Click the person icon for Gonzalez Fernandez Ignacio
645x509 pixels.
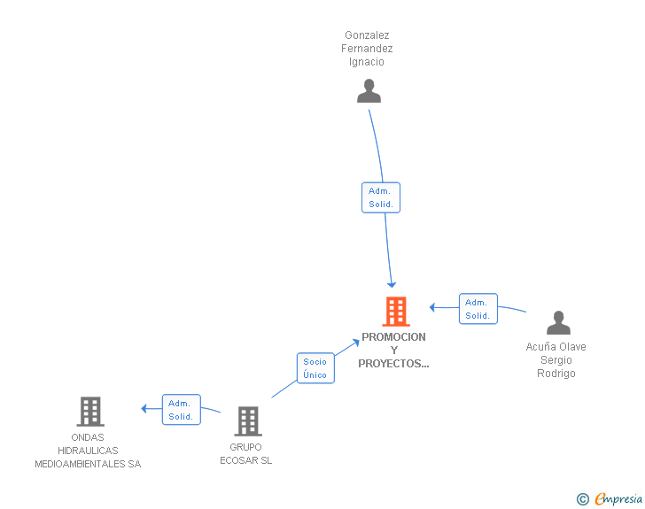coord(369,91)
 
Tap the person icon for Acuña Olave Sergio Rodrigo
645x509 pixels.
coord(558,322)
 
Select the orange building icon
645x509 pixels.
coord(396,312)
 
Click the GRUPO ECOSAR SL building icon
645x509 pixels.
coord(248,421)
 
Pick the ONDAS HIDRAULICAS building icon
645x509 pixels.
coord(90,411)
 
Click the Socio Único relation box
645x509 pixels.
coord(315,368)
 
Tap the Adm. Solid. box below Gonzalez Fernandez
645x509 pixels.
coord(381,197)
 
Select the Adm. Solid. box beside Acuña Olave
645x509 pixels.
coord(478,309)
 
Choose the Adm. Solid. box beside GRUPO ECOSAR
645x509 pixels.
coord(182,410)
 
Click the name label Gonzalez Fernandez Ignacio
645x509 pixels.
coord(367,49)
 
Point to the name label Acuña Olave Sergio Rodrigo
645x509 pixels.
coord(556,359)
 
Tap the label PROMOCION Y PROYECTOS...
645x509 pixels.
coord(393,350)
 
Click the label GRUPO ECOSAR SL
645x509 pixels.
coord(246,453)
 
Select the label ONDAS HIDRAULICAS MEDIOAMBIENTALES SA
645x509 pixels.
coord(88,451)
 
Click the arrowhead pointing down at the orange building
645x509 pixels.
coord(392,284)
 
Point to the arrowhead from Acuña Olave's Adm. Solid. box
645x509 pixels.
coord(432,307)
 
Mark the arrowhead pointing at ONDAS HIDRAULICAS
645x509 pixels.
coord(144,409)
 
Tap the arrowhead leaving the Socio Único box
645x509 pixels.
coord(356,342)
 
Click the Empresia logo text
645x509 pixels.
coord(618,498)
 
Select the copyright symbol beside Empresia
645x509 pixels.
coord(583,499)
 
